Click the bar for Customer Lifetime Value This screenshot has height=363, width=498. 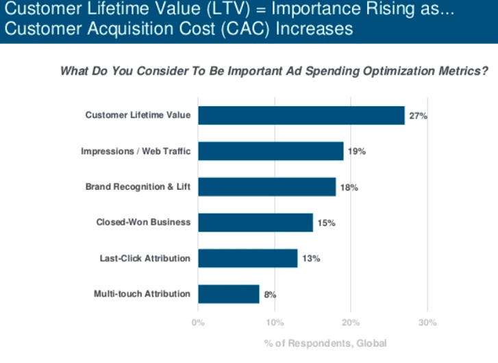[x=301, y=116]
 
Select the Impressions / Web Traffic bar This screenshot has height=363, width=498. [x=271, y=151]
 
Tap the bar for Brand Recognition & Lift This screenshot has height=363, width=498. [x=267, y=187]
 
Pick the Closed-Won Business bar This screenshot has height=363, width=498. [x=256, y=223]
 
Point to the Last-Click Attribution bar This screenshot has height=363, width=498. [x=248, y=258]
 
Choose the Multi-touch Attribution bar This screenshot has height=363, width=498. [x=229, y=294]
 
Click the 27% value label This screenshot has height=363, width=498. [x=418, y=116]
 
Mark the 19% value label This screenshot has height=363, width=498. [x=357, y=151]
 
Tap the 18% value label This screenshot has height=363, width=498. [x=349, y=187]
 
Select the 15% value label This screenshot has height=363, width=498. [x=326, y=223]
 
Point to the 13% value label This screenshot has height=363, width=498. [x=311, y=258]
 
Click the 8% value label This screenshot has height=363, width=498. [x=270, y=295]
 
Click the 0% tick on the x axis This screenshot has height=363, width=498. [x=198, y=322]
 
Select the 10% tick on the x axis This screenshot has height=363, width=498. [x=275, y=322]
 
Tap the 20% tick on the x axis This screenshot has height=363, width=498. [x=351, y=322]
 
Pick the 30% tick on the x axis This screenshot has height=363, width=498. [x=427, y=322]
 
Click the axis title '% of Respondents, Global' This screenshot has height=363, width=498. [x=325, y=343]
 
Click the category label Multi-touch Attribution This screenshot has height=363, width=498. [x=142, y=294]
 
